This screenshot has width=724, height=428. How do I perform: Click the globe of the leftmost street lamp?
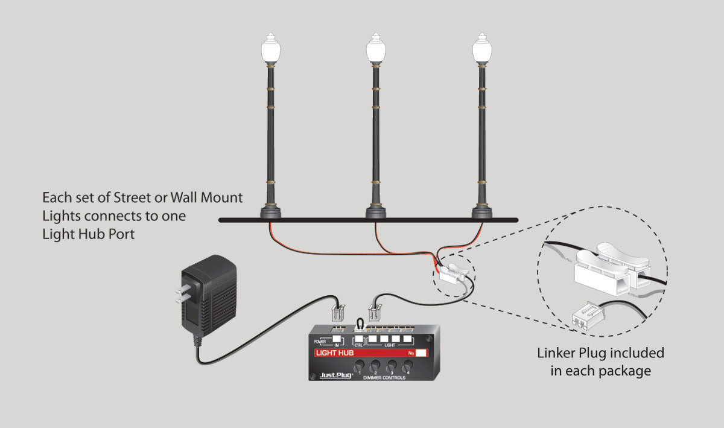(x=270, y=51)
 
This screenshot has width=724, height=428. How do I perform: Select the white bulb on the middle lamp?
(x=376, y=51)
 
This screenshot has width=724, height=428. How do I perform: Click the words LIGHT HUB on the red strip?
(x=334, y=353)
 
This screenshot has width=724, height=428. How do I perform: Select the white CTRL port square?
(x=358, y=339)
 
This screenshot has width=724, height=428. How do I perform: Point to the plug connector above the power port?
(x=337, y=313)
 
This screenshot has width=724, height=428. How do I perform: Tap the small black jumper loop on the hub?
(x=361, y=324)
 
